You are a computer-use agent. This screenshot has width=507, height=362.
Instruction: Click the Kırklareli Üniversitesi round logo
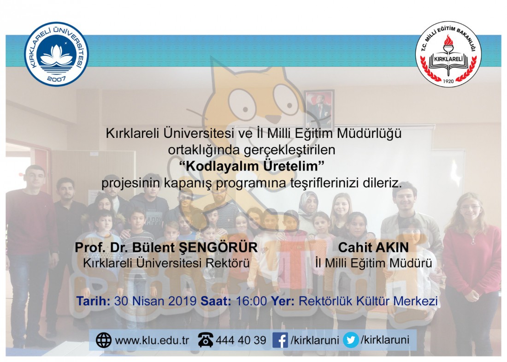pos(56,54)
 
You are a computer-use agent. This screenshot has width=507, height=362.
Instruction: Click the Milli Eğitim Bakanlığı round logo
pos(448,54)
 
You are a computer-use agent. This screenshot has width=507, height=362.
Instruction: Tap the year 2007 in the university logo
pos(56,78)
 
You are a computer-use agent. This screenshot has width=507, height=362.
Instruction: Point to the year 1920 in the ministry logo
pos(448,81)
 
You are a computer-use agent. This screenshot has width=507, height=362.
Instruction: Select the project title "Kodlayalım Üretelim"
pos(252,166)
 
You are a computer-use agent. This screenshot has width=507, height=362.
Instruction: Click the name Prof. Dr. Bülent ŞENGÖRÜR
pos(166,248)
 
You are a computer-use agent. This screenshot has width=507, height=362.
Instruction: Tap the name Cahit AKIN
pos(373,248)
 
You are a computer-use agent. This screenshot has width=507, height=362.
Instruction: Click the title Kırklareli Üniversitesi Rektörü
pos(166,263)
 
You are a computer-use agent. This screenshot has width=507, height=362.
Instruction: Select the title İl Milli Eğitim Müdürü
pos(373,263)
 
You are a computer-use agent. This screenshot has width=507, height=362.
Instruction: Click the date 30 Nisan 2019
pos(155,301)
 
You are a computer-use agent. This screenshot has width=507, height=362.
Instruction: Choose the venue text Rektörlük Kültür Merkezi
pos(368,301)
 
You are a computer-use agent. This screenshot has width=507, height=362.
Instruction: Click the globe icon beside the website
pos(104,340)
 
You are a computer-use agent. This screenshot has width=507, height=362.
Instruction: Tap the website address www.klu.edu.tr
pos(152,340)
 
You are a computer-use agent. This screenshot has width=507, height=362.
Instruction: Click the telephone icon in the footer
pos(206,340)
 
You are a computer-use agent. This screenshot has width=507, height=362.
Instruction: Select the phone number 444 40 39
pos(241,340)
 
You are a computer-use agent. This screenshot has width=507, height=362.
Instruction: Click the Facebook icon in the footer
pos(280,340)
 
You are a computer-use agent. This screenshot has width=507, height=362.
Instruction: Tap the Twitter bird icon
pos(351,340)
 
